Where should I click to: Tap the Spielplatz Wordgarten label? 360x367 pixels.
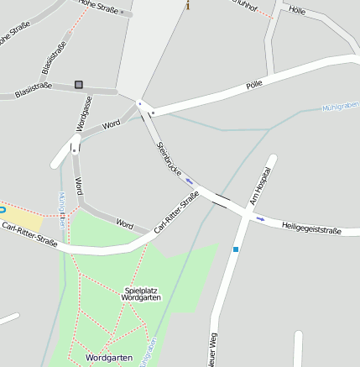coord(141,294)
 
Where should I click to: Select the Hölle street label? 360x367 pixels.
coord(296,10)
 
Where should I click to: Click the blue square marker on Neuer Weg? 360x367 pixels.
coord(236,249)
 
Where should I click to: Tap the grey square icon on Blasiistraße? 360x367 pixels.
coord(79,84)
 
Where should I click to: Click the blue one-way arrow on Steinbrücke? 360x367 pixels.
coord(189,180)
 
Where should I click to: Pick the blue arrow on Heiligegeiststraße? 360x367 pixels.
coord(260,219)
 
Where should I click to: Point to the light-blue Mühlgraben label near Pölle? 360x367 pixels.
coord(340,107)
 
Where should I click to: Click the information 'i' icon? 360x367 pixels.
coord(188,6)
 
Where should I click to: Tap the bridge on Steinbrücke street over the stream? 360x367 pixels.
coord(222,200)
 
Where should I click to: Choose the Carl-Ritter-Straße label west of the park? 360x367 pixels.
coord(29,234)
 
